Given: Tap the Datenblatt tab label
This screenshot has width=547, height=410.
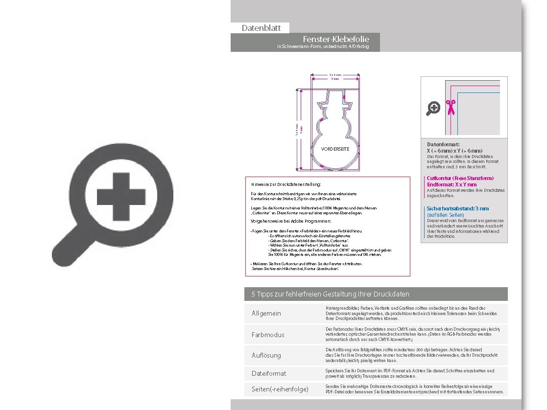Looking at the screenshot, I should point(261,28).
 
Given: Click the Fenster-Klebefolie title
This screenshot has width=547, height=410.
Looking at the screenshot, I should point(336,39).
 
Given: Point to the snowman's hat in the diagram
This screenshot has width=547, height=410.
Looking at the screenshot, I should point(335,101).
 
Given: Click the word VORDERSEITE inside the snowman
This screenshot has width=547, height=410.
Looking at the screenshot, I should point(335,149).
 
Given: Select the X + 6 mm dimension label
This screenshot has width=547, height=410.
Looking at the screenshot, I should point(335,75).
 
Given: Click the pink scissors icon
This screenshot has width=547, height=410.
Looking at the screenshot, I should point(450,107).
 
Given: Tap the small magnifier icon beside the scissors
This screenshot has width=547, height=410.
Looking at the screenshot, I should point(433,108).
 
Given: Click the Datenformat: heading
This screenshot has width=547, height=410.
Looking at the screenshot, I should point(443,145).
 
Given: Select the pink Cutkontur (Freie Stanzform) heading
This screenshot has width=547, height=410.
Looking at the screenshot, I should point(460,178).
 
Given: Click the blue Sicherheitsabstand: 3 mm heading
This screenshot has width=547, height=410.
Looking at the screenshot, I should point(457,208).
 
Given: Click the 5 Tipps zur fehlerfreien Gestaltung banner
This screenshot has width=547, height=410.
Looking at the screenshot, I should point(330,294).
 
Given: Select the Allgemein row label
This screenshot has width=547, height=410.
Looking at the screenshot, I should point(266,314).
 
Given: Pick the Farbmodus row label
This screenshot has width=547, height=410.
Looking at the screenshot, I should point(268,335).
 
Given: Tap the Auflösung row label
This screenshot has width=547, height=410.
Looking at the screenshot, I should point(266,355).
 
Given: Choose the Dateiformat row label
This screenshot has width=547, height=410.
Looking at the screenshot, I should point(269,373).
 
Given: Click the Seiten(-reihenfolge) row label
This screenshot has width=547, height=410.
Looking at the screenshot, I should point(280,389).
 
